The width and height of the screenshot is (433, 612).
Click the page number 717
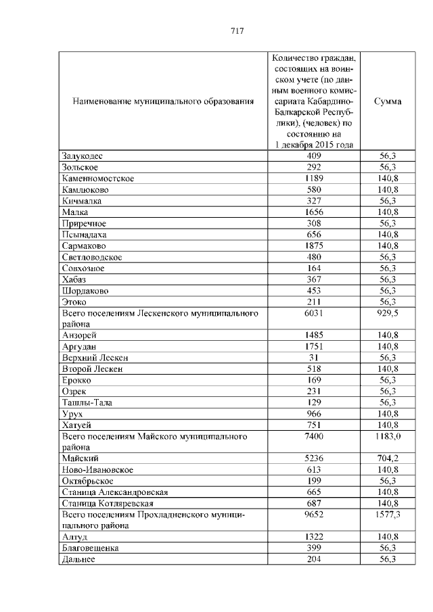point(237,31)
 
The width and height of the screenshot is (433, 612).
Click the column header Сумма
point(388,101)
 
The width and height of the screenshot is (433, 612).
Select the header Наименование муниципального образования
point(162,101)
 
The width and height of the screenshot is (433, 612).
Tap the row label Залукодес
point(82,156)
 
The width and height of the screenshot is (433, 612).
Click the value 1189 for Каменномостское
point(314,179)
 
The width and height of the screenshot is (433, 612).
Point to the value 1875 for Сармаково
point(314,245)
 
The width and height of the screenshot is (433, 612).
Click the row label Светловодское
point(91,257)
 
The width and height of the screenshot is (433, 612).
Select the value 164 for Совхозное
point(314,268)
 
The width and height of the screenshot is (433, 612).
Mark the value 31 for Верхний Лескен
point(314,358)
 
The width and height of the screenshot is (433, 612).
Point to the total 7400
point(314,436)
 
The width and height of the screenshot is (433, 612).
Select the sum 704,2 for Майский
point(388,458)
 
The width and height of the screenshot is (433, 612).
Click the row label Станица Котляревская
point(108,503)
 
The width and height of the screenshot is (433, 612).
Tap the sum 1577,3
point(388,515)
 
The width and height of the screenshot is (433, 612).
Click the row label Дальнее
point(78,559)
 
